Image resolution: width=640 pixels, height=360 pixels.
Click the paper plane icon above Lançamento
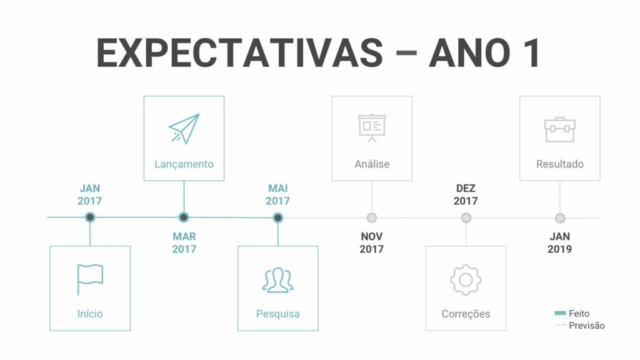184,129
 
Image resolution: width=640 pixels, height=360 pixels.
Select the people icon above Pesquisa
278,280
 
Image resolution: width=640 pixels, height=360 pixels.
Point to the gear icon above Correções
466,280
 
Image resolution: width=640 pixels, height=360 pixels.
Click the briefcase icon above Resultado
560,129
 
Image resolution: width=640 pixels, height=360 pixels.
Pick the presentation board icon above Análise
372,127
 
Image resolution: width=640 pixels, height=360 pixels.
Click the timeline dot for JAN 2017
90,217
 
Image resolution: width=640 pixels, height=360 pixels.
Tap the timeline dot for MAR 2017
184,217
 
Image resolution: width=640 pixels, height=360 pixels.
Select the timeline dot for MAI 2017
278,217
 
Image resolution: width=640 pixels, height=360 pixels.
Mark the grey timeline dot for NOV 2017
372,218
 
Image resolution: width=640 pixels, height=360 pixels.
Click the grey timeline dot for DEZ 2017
466,218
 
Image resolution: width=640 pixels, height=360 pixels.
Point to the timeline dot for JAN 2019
560,218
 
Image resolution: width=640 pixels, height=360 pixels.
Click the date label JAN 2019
559,243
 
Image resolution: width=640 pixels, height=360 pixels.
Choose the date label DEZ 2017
466,195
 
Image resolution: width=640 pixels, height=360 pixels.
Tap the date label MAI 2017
278,195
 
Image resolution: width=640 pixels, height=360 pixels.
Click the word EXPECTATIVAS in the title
240,53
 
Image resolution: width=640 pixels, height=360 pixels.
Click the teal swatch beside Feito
561,313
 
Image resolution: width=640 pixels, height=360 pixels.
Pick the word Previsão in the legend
586,326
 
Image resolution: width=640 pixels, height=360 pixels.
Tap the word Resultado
560,164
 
